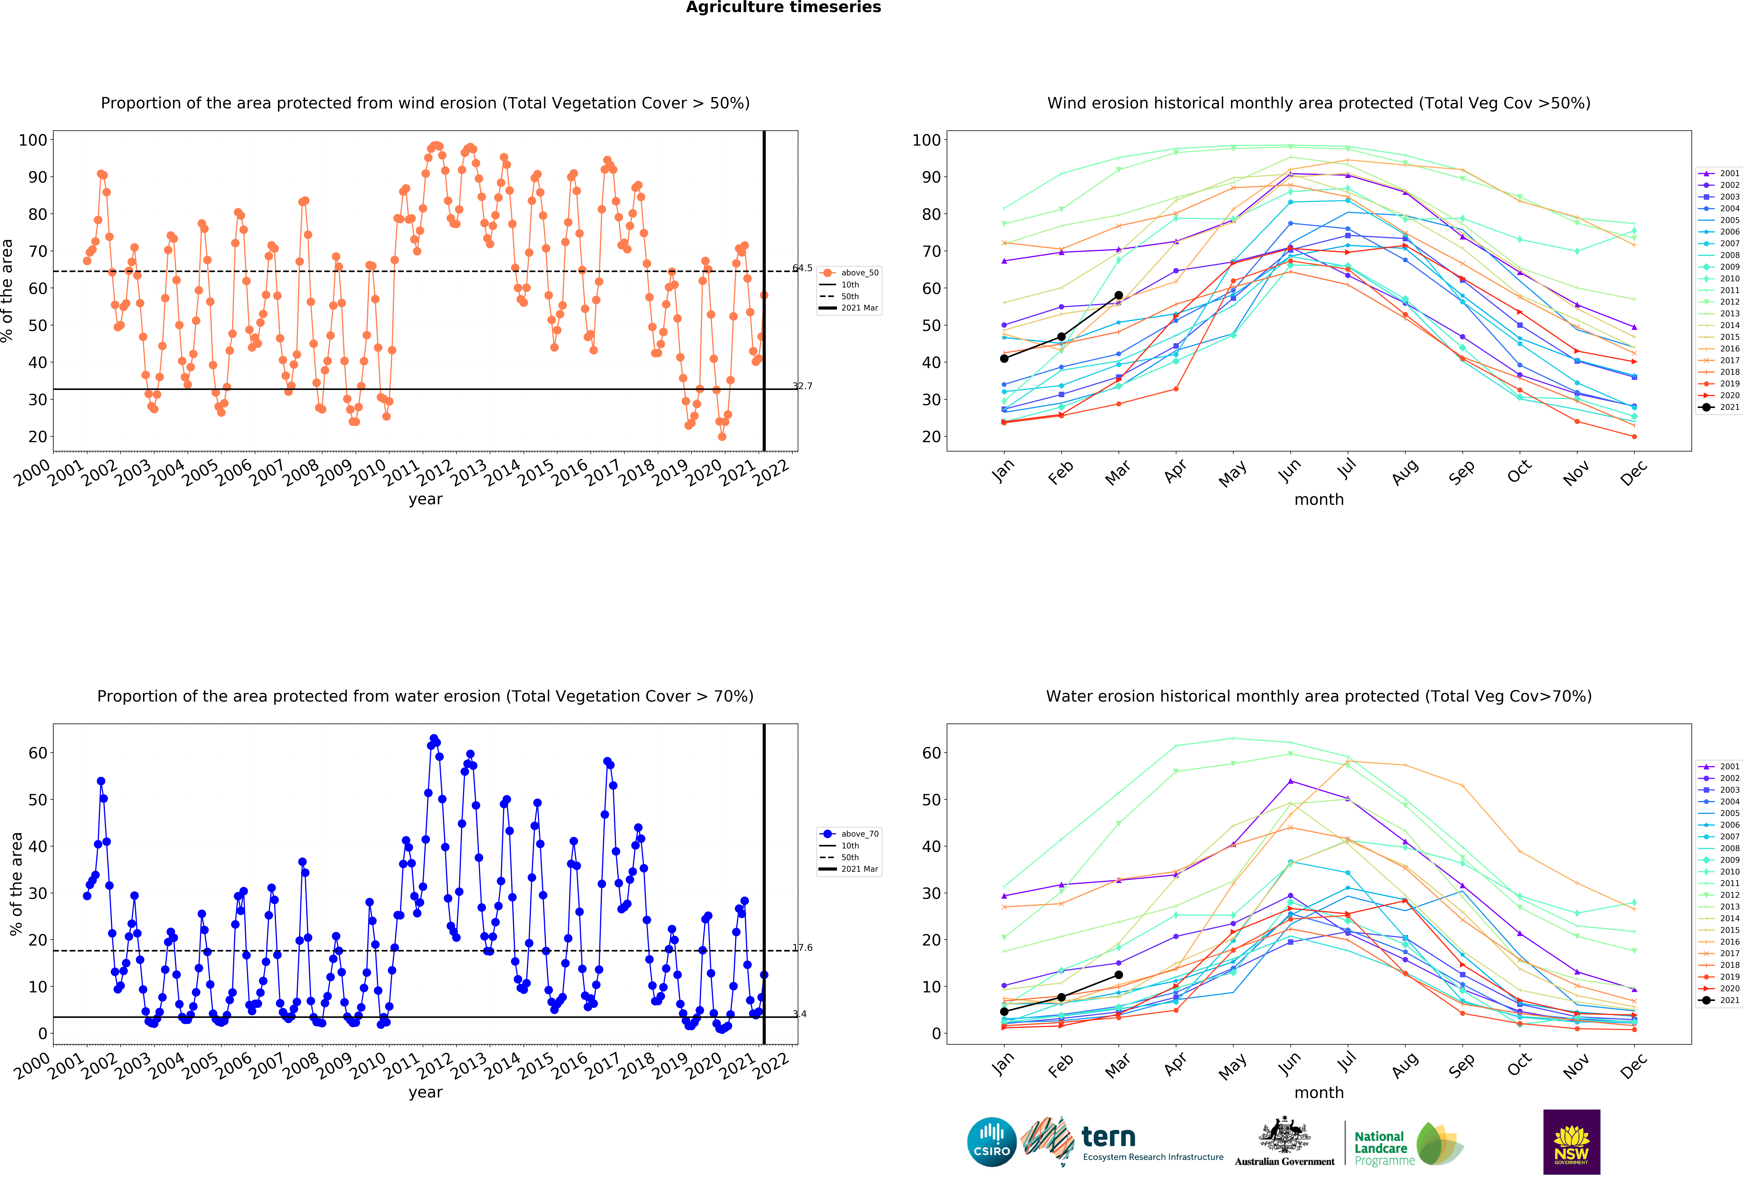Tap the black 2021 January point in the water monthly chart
point(1004,1012)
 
